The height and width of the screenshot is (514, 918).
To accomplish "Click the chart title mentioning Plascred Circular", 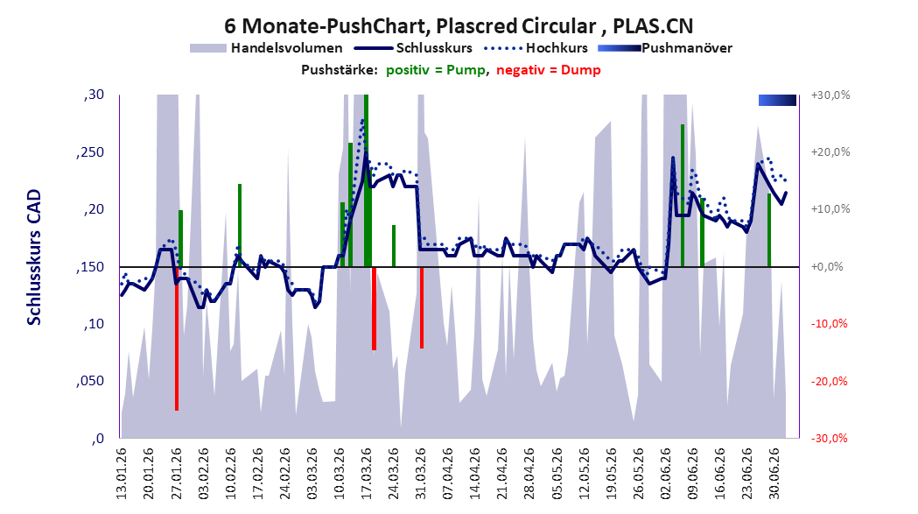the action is (459, 25).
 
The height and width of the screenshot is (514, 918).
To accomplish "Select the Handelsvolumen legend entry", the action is (266, 48).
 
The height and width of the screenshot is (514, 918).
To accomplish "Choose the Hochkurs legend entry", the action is (536, 48).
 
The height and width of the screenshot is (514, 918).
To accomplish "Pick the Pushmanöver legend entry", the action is (665, 48).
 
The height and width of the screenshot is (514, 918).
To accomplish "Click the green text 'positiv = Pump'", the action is (436, 70).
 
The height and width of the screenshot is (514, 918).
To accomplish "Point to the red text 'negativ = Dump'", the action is (549, 70).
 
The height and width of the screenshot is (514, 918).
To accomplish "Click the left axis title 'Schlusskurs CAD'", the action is (34, 257).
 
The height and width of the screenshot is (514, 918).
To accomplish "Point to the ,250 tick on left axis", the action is (90, 152).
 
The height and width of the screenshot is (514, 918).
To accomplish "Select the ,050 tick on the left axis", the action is (90, 381).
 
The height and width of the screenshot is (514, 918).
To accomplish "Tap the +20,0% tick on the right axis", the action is (830, 151).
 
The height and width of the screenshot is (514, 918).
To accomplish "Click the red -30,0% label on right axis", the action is (830, 439).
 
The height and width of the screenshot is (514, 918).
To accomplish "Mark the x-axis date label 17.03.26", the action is (367, 474).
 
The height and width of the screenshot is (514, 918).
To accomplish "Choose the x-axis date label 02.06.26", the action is (665, 474).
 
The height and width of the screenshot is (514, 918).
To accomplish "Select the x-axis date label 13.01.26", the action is (122, 474).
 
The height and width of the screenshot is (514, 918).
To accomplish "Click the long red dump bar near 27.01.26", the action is (176, 339).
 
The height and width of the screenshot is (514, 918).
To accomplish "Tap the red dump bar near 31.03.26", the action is (422, 307).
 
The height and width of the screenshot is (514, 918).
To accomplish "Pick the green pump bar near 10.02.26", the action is (240, 225).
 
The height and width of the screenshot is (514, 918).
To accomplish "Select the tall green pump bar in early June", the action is (683, 195).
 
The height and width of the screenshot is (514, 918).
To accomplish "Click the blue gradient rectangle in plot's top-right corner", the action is (777, 100).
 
